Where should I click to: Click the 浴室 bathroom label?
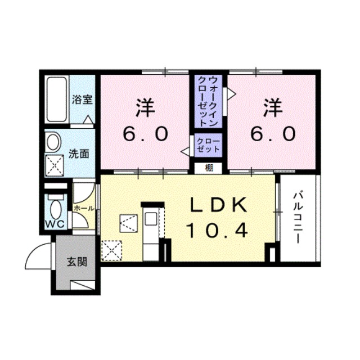pos(82,100)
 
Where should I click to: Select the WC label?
pos(55,224)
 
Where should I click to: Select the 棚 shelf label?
pos(209,167)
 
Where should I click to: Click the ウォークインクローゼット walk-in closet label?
pos(209,101)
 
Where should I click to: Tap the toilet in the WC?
pos(55,208)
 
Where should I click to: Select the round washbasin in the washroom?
pos(53,142)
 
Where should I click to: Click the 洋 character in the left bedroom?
pos(145,107)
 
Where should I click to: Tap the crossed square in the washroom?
pos(55,165)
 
